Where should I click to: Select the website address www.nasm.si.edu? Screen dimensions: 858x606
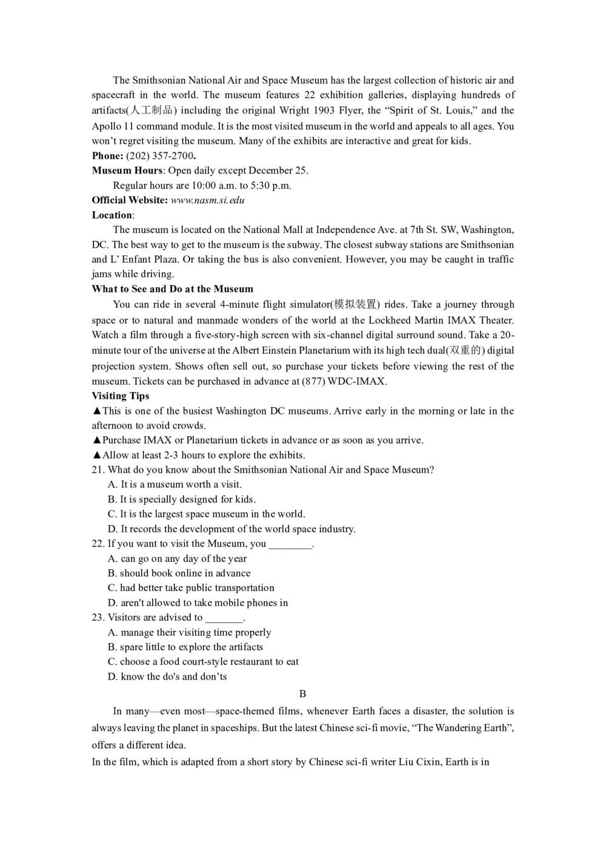click(207, 200)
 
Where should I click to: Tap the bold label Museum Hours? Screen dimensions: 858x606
click(127, 171)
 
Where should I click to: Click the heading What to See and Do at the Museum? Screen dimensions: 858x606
click(173, 289)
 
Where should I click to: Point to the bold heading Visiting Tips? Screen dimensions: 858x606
click(121, 396)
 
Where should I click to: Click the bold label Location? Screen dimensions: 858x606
click(112, 215)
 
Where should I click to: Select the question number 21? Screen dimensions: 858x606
click(98, 470)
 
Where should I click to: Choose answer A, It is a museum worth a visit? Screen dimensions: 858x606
click(175, 484)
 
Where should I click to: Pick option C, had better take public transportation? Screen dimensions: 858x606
click(191, 587)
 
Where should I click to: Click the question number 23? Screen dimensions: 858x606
click(98, 617)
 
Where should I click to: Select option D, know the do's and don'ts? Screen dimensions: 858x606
click(167, 677)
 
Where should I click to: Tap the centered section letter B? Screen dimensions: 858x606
click(302, 694)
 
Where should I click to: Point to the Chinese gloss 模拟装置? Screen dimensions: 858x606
click(355, 305)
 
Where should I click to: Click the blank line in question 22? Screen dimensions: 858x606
click(290, 544)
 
